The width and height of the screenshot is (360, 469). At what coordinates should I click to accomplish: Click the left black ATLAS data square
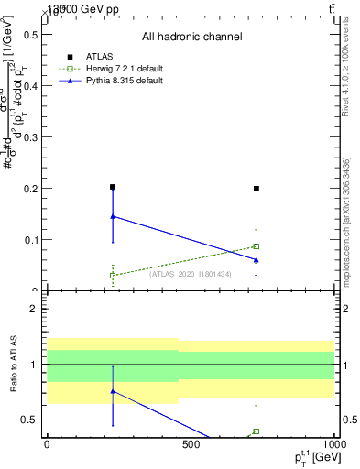coord(113,187)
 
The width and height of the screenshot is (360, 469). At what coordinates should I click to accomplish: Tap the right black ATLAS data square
coord(256,189)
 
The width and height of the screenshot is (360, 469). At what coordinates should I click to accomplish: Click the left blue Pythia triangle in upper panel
coord(113,216)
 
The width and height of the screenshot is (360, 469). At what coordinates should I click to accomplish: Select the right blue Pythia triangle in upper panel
coord(256,259)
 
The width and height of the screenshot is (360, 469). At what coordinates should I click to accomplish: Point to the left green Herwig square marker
coord(113,275)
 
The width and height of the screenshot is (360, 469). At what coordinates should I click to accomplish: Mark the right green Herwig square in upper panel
coord(256,246)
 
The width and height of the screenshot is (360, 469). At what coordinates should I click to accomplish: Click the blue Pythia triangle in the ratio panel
coord(113,391)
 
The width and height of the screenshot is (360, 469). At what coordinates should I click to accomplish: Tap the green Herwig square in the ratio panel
coord(256,431)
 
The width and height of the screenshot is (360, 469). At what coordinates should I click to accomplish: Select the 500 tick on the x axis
coord(191,445)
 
